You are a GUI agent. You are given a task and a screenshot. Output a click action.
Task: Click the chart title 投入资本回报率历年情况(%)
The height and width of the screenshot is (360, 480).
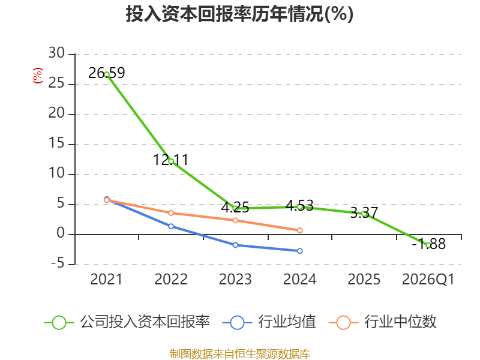(239, 14)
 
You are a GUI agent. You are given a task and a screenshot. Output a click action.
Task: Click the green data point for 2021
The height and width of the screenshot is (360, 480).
(107, 74)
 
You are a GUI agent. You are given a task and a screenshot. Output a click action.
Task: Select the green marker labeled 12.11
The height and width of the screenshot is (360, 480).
(171, 161)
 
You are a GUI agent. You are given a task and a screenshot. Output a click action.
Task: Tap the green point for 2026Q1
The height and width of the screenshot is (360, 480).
(428, 245)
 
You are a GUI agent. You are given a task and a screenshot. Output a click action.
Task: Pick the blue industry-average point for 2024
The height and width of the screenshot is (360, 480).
(300, 251)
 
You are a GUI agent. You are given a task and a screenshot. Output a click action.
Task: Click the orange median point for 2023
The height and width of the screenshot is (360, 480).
(235, 220)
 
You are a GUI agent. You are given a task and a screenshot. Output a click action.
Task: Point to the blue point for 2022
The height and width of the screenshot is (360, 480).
(171, 226)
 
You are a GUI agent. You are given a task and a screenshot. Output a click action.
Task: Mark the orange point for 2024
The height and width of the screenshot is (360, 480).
(300, 230)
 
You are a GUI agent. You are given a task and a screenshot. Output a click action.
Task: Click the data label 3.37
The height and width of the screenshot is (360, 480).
(364, 212)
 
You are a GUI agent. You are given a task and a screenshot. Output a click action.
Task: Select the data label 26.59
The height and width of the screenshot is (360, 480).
(107, 73)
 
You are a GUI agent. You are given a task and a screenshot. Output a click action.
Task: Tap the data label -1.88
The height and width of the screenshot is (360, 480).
(428, 244)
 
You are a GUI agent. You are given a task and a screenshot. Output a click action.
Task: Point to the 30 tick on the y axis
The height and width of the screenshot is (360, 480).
(56, 53)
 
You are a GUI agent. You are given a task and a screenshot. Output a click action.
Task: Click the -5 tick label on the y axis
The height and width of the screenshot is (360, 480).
(58, 263)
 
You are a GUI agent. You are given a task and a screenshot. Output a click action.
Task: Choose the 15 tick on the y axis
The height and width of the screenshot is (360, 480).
(56, 143)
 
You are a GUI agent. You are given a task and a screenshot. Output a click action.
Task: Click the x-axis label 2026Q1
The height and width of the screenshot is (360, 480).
(428, 279)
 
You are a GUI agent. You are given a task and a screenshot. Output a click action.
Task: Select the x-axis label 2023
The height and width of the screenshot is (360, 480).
(235, 279)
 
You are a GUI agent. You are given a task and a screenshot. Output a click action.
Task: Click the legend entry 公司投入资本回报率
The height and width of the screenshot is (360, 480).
(127, 322)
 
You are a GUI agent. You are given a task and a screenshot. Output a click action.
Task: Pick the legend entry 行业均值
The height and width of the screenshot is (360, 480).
(269, 322)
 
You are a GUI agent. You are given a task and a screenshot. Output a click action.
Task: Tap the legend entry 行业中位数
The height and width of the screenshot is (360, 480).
(382, 322)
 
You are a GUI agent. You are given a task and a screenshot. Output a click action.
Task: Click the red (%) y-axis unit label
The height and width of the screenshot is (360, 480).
(38, 76)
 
